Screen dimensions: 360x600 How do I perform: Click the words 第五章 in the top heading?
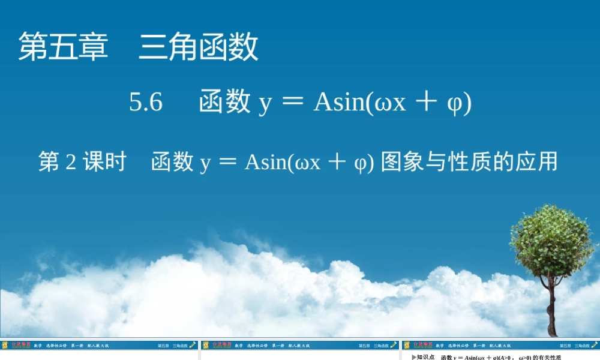click(x=63, y=47)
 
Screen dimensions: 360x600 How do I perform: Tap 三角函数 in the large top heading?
click(x=199, y=47)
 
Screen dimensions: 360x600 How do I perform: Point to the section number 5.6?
click(x=146, y=103)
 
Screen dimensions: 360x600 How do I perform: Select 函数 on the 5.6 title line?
click(x=224, y=102)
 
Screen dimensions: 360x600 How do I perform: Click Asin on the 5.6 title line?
click(x=340, y=103)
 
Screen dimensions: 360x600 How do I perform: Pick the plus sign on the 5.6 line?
click(x=427, y=102)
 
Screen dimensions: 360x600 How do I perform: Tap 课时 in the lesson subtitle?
click(x=104, y=162)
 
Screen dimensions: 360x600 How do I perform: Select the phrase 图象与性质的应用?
click(x=469, y=162)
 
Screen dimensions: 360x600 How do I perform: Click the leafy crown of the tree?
click(x=551, y=240)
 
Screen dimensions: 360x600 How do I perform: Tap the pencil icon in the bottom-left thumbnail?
click(x=192, y=345)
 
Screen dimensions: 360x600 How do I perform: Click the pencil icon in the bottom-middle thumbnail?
click(x=393, y=345)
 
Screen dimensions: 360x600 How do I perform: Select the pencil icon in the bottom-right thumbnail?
click(x=594, y=345)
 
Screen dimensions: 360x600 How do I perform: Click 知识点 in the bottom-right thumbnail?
click(x=425, y=357)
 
